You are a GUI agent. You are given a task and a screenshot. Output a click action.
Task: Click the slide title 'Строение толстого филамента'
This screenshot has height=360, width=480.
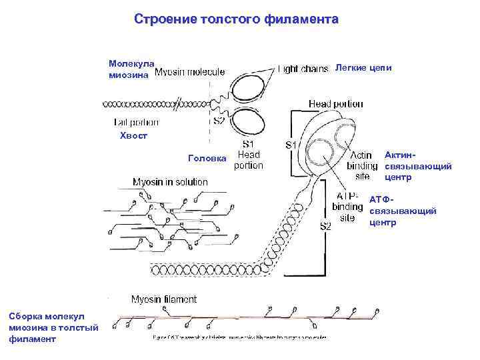[x=236, y=19]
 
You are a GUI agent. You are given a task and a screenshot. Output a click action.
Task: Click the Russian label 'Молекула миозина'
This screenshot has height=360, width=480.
[x=131, y=69]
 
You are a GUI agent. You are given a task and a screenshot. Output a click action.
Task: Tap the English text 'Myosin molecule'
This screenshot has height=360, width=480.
[x=189, y=73]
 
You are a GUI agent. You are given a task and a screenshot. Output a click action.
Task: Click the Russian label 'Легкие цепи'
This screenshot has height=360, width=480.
[x=363, y=68]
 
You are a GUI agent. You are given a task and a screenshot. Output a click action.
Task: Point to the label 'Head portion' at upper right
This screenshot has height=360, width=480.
[x=335, y=104]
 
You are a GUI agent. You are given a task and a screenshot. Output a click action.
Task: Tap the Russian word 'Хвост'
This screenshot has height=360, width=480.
[x=133, y=136]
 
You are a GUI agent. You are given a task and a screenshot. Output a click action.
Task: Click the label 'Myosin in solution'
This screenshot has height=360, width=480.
[x=170, y=181]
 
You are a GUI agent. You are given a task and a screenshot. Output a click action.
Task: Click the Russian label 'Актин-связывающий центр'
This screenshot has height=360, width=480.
[x=418, y=166]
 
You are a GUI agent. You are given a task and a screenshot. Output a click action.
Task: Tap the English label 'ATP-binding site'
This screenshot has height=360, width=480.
[x=347, y=207]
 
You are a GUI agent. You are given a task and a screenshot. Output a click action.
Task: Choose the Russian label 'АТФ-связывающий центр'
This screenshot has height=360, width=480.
[x=402, y=211]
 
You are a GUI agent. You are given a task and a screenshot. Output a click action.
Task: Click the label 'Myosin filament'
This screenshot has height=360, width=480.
[x=163, y=299]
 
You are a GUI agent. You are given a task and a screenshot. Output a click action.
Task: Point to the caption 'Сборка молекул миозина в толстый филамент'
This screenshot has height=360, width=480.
[x=53, y=327]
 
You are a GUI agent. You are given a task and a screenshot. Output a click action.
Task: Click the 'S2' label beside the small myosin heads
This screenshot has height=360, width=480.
[x=219, y=121]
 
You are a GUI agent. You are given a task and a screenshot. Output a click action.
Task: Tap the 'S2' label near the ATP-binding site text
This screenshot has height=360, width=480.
[x=325, y=226]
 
